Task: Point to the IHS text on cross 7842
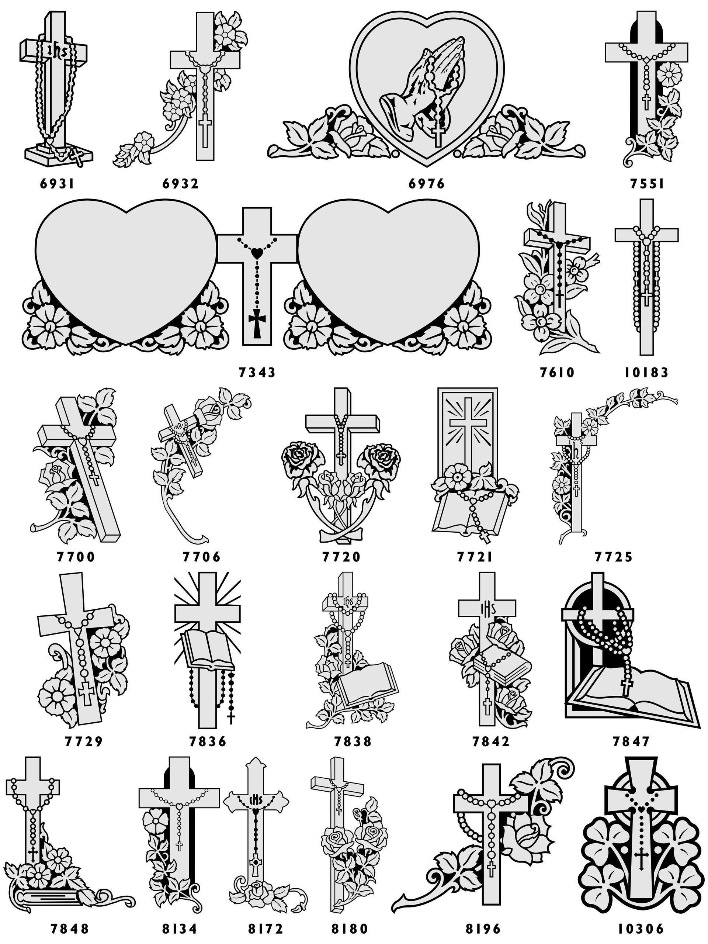click(x=487, y=608)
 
